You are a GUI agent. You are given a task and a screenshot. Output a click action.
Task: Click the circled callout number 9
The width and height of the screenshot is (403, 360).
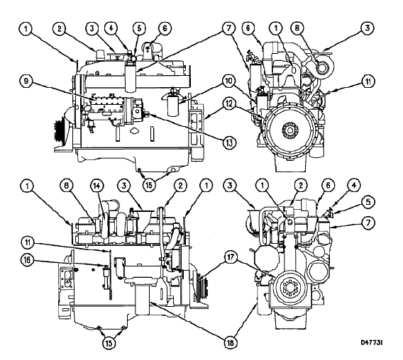click(x=27, y=81)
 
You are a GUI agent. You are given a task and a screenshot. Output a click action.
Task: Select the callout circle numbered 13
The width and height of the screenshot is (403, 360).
click(x=229, y=142)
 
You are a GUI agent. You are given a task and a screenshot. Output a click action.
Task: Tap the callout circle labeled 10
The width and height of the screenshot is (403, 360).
click(x=228, y=81)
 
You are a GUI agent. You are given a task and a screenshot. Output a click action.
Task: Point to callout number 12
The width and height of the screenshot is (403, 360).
click(x=228, y=103)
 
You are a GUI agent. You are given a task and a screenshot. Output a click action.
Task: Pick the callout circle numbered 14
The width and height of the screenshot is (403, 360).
click(x=96, y=186)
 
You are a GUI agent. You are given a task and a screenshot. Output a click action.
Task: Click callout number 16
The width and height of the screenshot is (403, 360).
click(x=27, y=260)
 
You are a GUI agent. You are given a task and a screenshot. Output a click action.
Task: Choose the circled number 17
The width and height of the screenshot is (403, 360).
click(x=231, y=258)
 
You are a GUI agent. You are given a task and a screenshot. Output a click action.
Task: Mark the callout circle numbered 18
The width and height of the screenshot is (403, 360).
click(x=230, y=342)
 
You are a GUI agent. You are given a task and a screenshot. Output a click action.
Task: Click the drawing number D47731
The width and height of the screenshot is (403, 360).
click(x=372, y=342)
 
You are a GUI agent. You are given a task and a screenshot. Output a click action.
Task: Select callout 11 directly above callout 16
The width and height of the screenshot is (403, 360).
click(x=27, y=242)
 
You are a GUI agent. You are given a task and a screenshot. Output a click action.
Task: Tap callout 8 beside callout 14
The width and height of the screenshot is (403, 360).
click(x=67, y=186)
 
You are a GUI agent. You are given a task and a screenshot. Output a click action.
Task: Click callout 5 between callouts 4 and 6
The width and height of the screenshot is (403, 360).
click(x=139, y=28)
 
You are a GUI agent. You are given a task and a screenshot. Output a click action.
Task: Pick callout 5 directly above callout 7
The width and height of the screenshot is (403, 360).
click(x=368, y=202)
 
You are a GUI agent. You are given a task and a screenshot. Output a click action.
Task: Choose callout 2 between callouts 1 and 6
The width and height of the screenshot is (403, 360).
click(x=301, y=186)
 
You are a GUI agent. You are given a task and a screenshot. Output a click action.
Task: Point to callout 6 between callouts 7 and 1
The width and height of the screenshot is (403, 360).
click(x=248, y=28)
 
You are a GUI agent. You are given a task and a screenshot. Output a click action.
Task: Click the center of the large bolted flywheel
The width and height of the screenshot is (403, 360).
click(x=290, y=130)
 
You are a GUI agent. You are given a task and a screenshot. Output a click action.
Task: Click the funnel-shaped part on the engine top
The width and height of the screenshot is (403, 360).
click(x=143, y=219)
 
